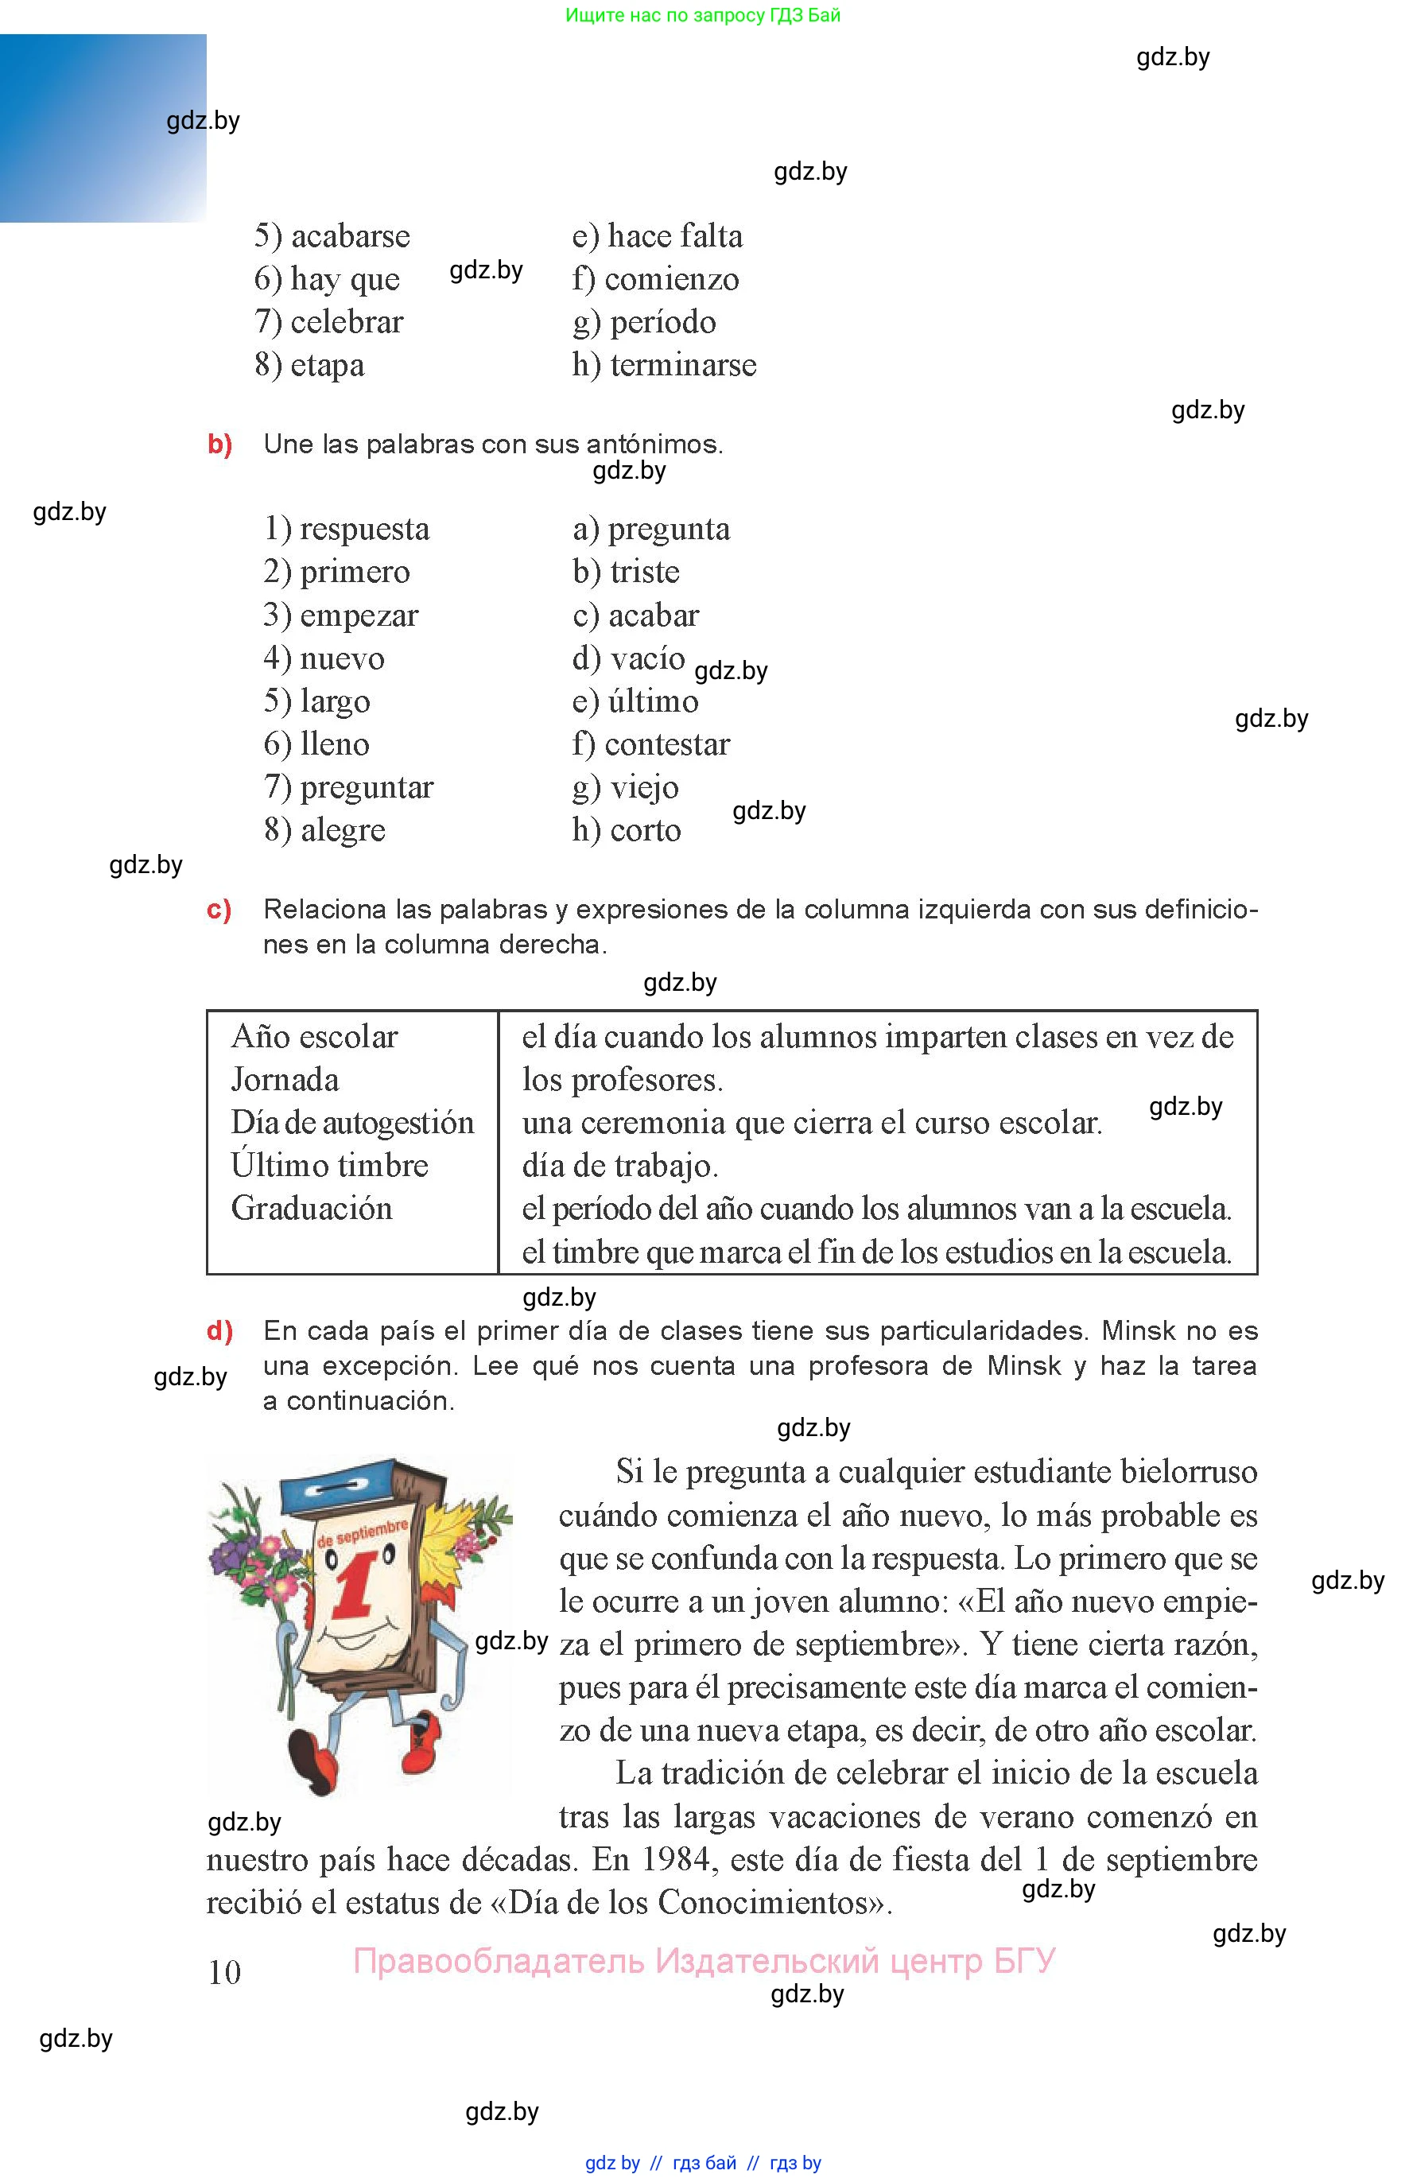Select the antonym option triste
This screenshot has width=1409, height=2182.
tap(644, 572)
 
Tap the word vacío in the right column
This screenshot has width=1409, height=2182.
tap(647, 658)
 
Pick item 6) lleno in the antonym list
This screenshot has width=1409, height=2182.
tap(316, 744)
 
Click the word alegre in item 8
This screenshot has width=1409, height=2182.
tap(343, 831)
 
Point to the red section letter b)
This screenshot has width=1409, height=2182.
tap(219, 445)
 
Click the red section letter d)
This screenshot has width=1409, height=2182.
tap(219, 1331)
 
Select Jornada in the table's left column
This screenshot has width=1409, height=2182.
tap(285, 1080)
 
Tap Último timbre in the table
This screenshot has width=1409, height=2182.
tap(329, 1166)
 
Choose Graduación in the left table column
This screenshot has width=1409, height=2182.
tap(311, 1209)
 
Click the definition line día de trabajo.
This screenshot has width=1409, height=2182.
tap(619, 1166)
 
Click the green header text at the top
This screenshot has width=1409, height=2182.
tap(703, 16)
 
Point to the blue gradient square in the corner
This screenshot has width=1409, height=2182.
tap(103, 128)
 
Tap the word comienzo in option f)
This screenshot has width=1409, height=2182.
tap(672, 279)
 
